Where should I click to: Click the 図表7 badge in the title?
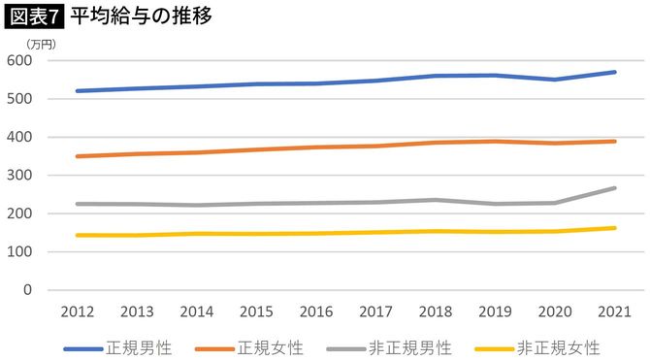[34, 16]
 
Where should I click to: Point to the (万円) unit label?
[42, 44]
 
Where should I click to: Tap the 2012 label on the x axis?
[77, 312]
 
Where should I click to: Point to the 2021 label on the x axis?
[614, 312]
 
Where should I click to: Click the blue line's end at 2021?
[615, 72]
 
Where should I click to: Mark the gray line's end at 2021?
[615, 188]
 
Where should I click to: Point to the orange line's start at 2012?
[77, 156]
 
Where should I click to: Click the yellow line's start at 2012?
[77, 235]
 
